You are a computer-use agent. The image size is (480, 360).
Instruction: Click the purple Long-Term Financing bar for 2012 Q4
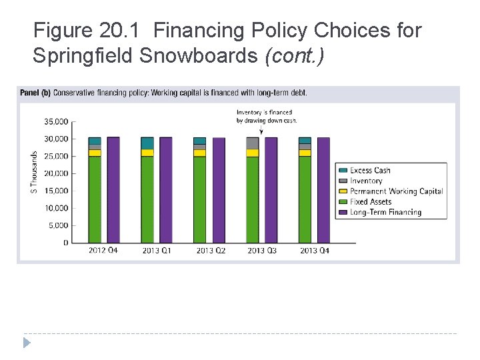pos(113,190)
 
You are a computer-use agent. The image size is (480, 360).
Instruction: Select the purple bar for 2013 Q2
pos(219,190)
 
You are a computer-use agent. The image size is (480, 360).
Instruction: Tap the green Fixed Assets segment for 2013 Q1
pos(147,199)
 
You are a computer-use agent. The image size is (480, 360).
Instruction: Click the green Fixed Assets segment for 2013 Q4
pos(305,199)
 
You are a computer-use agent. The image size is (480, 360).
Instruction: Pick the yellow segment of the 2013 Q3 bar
pos(252,153)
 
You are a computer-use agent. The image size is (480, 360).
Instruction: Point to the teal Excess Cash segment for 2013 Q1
pos(147,143)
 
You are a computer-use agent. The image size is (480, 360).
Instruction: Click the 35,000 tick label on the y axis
pos(56,122)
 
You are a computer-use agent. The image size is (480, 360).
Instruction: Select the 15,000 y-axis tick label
pos(56,191)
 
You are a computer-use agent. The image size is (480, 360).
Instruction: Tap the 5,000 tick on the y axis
pos(58,225)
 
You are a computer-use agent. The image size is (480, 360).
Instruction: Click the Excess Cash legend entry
pos(370,170)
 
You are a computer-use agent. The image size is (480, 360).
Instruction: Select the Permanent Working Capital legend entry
pos(396,191)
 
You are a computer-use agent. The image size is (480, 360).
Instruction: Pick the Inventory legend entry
pos(366,181)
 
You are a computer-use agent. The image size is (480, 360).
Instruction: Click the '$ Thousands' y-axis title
pos(34,171)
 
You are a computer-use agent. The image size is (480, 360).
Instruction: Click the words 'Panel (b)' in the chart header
pos(35,92)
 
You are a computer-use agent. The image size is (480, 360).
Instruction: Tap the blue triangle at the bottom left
pos(27,343)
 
